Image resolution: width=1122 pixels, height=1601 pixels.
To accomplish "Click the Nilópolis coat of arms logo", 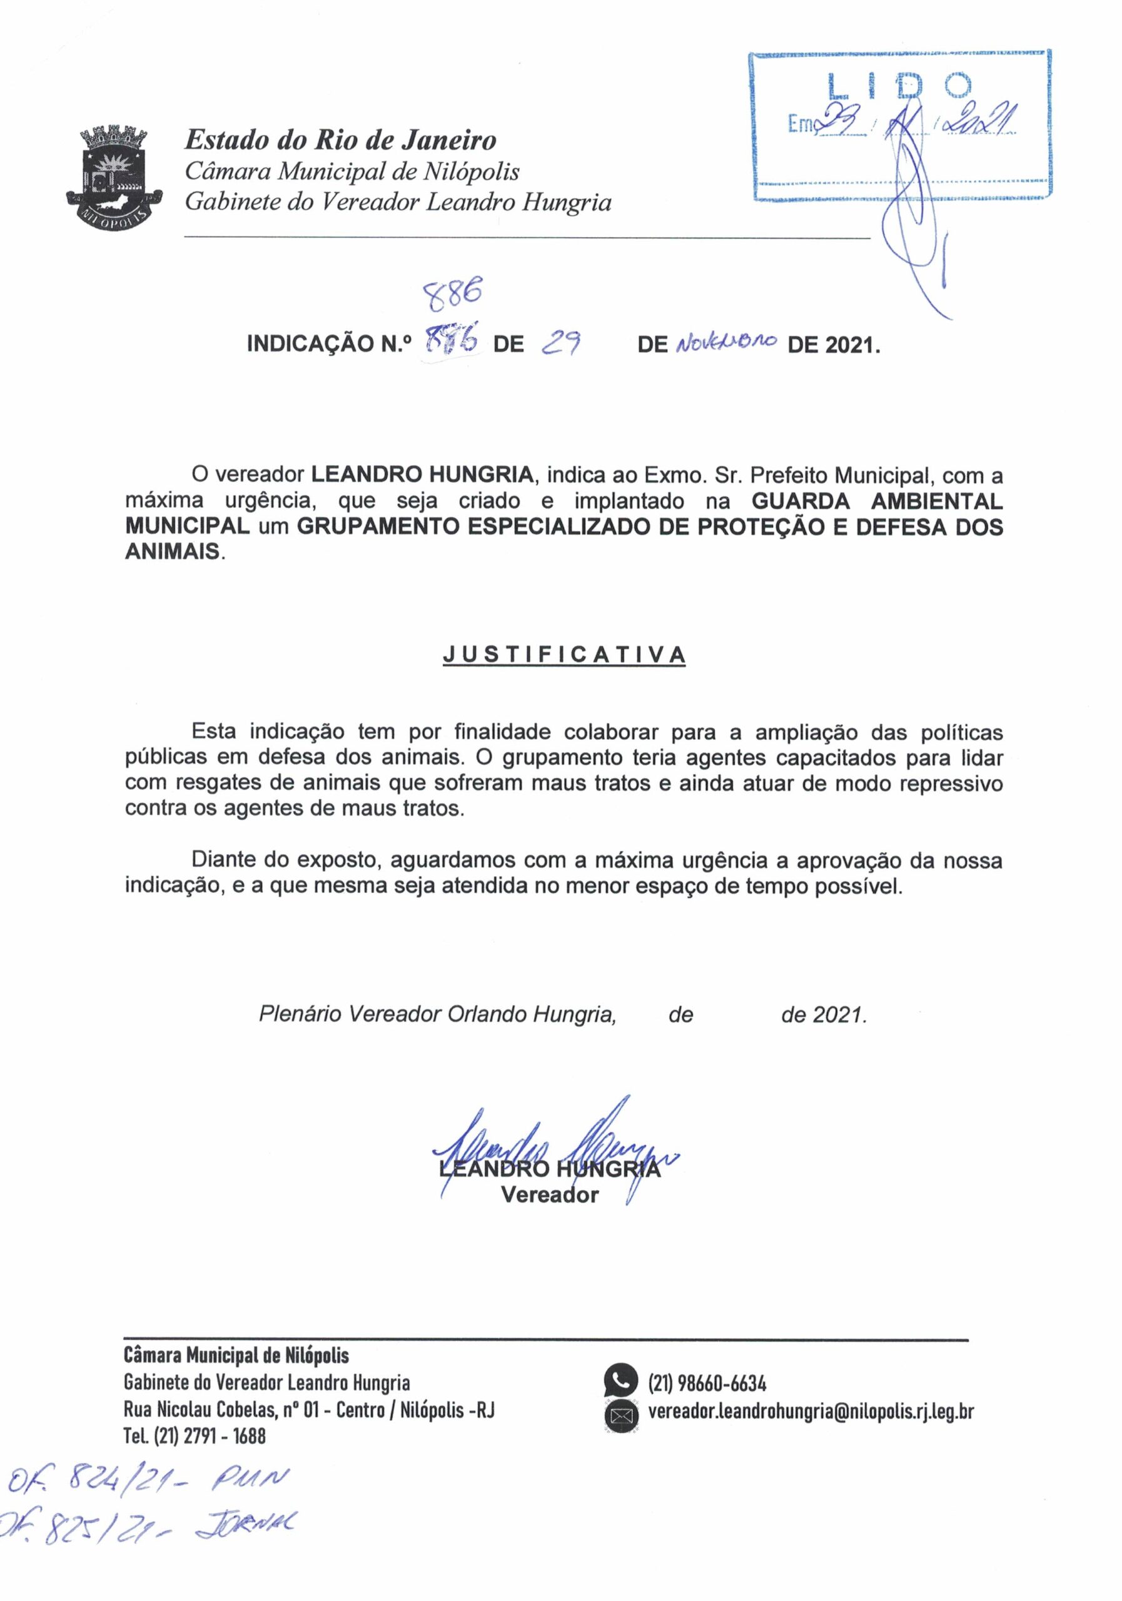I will [114, 173].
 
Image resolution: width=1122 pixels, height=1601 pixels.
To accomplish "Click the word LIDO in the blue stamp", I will [899, 86].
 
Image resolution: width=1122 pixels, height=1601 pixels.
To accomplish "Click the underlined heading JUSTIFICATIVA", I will [564, 655].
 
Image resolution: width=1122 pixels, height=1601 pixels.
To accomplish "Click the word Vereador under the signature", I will [550, 1195].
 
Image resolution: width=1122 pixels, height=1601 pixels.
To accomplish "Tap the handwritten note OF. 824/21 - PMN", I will [146, 1503].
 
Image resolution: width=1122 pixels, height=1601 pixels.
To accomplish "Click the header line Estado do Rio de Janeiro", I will [340, 140].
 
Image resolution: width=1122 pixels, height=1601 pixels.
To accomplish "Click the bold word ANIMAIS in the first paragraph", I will [171, 552].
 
